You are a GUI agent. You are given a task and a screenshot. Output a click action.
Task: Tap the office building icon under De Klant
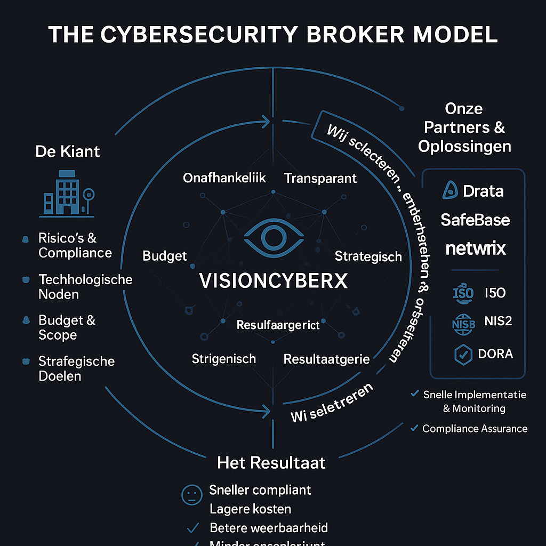pyautogui.click(x=67, y=194)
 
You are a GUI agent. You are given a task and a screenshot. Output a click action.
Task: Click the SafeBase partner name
pyautogui.click(x=475, y=220)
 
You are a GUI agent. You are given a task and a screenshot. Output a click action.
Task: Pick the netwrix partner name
pyautogui.click(x=475, y=248)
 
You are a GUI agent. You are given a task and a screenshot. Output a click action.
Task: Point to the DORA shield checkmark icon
pyautogui.click(x=463, y=355)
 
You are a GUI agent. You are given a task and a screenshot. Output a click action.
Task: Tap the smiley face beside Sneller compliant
pyautogui.click(x=192, y=495)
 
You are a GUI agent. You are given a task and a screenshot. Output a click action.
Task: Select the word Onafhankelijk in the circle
pyautogui.click(x=224, y=178)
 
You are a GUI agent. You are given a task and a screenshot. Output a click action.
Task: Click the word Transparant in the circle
pyautogui.click(x=320, y=178)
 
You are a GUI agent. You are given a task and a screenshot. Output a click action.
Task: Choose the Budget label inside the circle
pyautogui.click(x=165, y=256)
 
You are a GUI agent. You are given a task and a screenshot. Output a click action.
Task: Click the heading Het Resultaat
pyautogui.click(x=271, y=462)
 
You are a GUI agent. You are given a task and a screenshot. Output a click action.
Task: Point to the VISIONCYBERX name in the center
pyautogui.click(x=273, y=280)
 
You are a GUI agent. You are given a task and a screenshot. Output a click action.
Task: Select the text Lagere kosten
pyautogui.click(x=251, y=509)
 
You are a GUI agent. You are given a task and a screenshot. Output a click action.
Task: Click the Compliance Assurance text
pyautogui.click(x=475, y=429)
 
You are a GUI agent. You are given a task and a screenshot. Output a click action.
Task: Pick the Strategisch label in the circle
pyautogui.click(x=368, y=256)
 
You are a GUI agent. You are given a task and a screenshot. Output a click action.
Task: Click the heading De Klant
pyautogui.click(x=68, y=151)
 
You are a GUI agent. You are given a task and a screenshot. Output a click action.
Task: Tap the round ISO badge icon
pyautogui.click(x=462, y=293)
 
